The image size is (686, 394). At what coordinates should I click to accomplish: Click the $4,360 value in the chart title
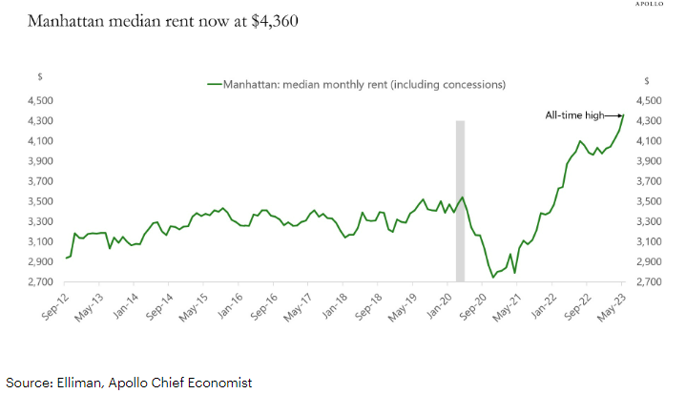coord(273,20)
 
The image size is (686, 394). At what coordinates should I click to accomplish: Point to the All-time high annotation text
coord(574,115)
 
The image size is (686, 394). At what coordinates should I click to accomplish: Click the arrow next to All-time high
coord(613,115)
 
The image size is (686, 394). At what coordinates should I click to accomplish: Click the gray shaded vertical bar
coord(460,200)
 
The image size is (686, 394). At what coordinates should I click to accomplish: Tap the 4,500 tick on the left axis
coord(38,100)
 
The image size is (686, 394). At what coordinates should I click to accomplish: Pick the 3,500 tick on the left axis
coord(38,201)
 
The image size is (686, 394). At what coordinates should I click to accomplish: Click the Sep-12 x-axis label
coord(53,302)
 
